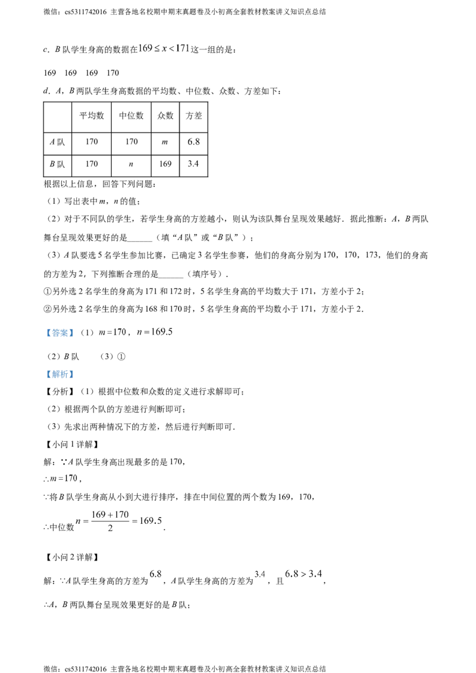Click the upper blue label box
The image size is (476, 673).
[x=59, y=333]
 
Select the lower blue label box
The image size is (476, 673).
[x=59, y=375]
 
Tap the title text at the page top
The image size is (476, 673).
[x=163, y=48]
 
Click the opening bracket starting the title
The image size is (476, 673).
[x=139, y=48]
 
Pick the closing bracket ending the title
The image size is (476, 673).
[x=187, y=48]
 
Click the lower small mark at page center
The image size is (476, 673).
[x=193, y=164]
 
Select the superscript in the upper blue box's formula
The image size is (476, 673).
[x=159, y=326]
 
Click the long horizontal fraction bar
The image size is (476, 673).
[x=111, y=521]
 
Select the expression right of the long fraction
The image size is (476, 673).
[x=151, y=522]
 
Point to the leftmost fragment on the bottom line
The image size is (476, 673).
[x=156, y=575]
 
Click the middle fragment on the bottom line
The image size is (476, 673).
[x=259, y=575]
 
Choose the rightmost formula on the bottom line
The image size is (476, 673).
[x=303, y=574]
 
